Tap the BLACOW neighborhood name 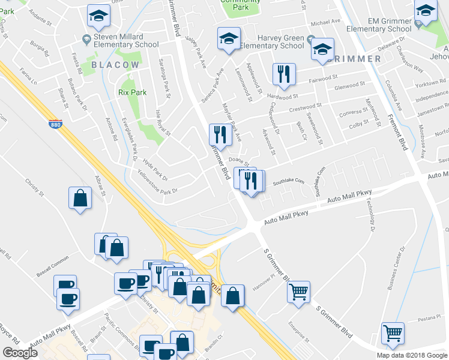115,64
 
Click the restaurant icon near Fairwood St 282,74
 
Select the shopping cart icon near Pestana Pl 393,332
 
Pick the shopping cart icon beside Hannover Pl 298,292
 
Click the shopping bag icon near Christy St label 80,198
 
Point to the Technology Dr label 369,216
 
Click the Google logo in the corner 20,353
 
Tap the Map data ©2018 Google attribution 412,355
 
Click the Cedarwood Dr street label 275,114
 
